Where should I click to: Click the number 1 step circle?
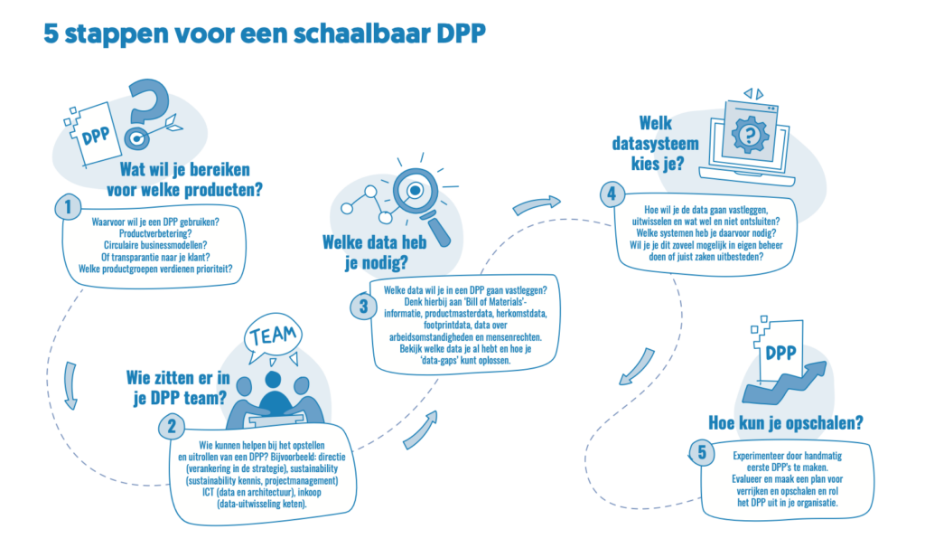68,207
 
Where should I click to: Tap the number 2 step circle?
172,426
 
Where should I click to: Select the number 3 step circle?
363,307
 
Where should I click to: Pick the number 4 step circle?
612,194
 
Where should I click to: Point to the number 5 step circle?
701,452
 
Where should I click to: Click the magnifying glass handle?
437,229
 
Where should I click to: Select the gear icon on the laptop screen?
750,134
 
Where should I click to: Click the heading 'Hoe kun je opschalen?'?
785,423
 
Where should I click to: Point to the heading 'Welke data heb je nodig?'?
375,251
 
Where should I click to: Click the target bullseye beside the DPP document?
137,138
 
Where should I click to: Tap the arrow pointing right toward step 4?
537,204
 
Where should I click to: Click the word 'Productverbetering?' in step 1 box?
155,233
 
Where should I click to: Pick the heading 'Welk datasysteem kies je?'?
656,143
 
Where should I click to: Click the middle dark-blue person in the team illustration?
273,396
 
